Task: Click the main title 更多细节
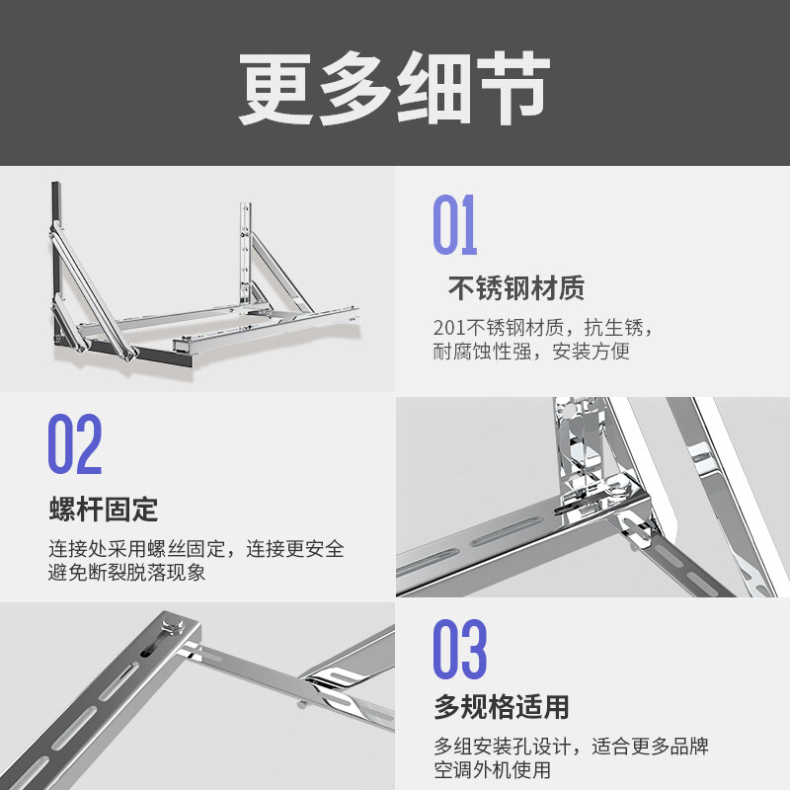point(394,89)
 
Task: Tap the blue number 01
point(455,225)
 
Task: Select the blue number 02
point(75,443)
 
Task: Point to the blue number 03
point(460,649)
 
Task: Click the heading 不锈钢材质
point(515,288)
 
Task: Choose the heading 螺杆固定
point(104,509)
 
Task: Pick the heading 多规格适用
point(502,707)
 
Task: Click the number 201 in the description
point(449,328)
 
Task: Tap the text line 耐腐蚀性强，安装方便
point(531,352)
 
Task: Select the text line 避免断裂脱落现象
point(127,572)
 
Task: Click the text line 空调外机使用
point(492,770)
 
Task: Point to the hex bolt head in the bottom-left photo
point(172,627)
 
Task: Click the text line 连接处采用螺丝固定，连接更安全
point(197,549)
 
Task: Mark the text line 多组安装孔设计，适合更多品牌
point(572,747)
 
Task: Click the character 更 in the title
point(276,89)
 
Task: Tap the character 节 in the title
point(513,89)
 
